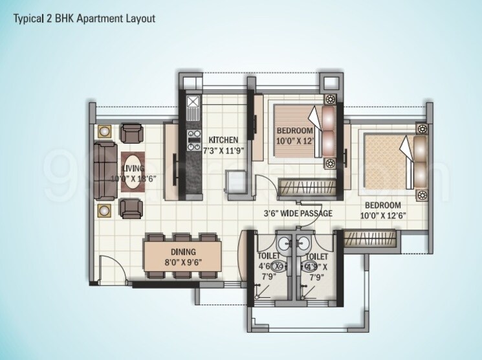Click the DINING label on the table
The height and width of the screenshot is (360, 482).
184,251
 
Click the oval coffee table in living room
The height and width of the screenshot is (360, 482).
132,173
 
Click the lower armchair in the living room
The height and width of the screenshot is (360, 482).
133,209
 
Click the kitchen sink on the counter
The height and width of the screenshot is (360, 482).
193,103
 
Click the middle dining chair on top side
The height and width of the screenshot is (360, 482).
183,238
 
